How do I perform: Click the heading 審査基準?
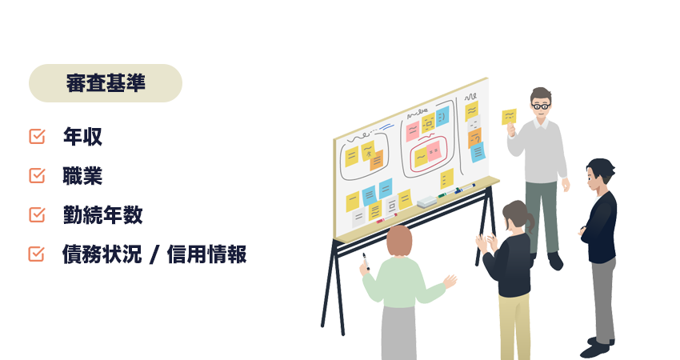[106, 83]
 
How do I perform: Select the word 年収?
[82, 137]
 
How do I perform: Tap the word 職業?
[82, 176]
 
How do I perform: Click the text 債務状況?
[102, 254]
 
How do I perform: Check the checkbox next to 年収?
[37, 137]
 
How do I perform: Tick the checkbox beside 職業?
[37, 176]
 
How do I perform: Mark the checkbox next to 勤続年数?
[37, 215]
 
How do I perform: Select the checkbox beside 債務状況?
[37, 254]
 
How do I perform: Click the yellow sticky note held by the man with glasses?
[509, 117]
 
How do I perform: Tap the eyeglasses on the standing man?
[542, 105]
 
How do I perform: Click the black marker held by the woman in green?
[364, 261]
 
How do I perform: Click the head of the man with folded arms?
[599, 172]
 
